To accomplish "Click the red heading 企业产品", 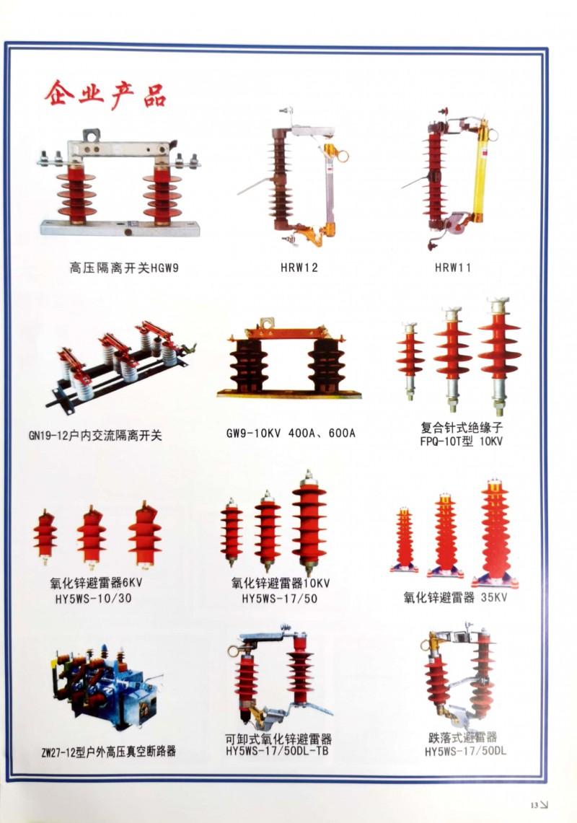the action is point(105,95).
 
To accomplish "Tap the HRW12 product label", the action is point(299,268).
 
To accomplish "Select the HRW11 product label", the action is point(452,268).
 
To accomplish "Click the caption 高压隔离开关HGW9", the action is point(124,268).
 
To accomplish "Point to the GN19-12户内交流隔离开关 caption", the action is point(95,436).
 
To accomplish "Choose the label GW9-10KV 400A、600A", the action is point(291,433).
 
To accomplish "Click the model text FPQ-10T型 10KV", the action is point(461,441).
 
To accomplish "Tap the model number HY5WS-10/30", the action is point(94,599).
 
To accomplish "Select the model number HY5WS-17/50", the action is point(279,599).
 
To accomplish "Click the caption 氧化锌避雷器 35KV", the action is point(454,597).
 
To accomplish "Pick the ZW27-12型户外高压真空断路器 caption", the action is point(109,752).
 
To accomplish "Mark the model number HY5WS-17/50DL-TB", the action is point(277,751).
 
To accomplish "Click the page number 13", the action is point(534,805).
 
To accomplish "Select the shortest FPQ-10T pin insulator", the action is point(410,361).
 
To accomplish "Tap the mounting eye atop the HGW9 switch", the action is point(92,135).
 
